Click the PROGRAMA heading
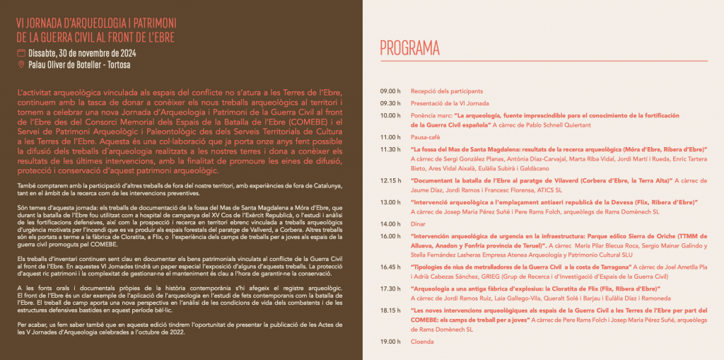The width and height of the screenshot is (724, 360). [x=409, y=49]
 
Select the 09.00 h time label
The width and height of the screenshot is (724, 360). [x=390, y=91]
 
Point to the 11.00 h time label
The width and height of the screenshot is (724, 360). [x=390, y=137]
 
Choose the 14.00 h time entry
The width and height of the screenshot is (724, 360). [x=390, y=223]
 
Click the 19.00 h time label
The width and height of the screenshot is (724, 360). [x=390, y=342]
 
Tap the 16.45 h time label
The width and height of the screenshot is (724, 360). [x=390, y=267]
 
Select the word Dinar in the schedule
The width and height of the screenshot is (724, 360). [x=419, y=223]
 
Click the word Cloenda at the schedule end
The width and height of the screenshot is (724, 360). [x=422, y=342]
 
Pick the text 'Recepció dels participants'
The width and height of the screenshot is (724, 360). [x=447, y=91]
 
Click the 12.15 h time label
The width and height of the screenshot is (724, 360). [x=390, y=180]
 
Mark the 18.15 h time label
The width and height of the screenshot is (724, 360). [x=390, y=310]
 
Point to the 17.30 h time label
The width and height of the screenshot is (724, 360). [x=390, y=289]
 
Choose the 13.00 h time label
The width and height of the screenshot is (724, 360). [x=390, y=202]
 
